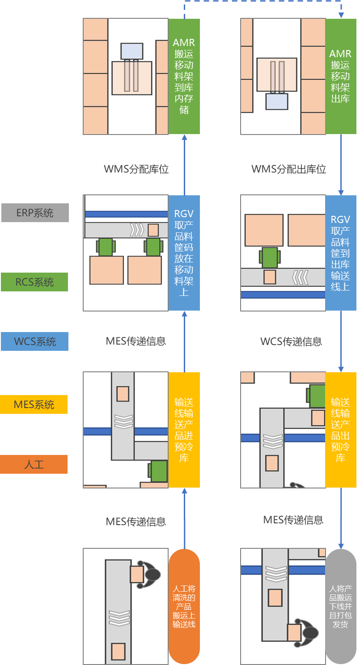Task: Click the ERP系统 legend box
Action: [35, 213]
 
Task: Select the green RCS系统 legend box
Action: [34, 282]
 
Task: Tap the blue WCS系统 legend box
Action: [34, 341]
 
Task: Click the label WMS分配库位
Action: [136, 169]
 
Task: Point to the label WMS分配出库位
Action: [288, 169]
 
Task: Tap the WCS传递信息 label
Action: [291, 341]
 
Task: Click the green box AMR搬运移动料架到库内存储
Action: [184, 76]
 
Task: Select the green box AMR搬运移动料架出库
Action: [340, 76]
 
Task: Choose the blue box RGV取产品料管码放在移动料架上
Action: [184, 253]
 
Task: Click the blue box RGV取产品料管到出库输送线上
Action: [340, 253]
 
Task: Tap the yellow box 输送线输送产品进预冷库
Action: [184, 429]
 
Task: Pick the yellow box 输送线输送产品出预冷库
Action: [340, 429]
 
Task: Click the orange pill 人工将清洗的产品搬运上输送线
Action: [184, 606]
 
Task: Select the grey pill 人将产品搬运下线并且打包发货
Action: [340, 606]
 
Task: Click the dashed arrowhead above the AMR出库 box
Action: [341, 15]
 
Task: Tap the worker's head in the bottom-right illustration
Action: [310, 633]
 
